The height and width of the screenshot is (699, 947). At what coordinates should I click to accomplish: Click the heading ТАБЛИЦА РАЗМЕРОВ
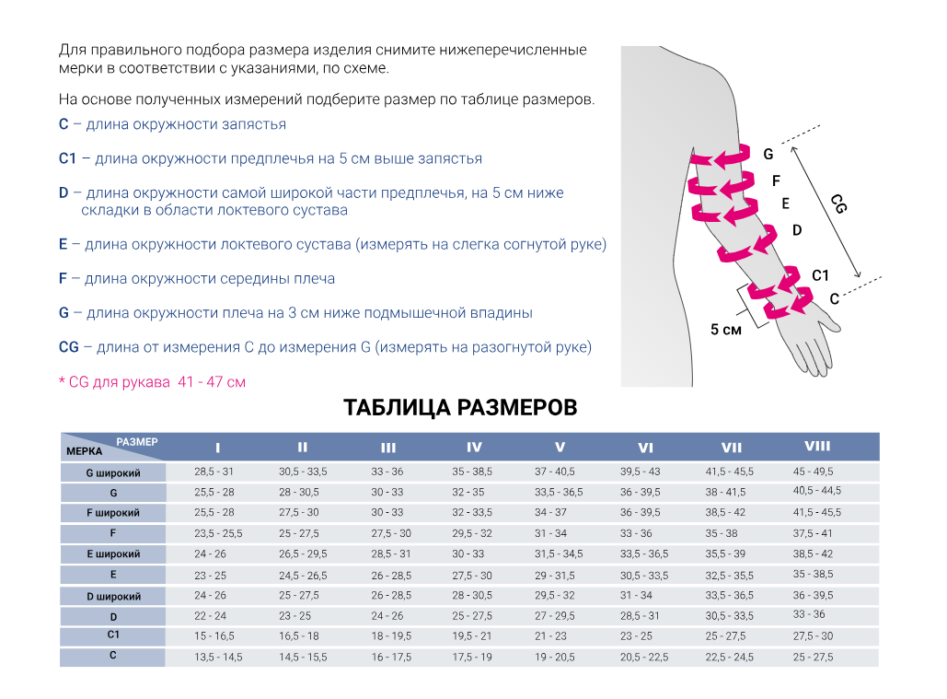coord(460,407)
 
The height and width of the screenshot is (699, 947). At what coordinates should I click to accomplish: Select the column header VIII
coord(817,447)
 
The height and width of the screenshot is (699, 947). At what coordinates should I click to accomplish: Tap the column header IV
coord(474,448)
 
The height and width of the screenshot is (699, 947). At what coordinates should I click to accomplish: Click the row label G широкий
coord(113,472)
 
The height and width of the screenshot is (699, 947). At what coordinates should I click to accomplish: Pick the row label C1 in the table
coord(113,635)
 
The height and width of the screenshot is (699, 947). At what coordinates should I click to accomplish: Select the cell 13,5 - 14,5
coord(217,657)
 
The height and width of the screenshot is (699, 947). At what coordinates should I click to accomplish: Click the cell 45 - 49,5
coord(813,472)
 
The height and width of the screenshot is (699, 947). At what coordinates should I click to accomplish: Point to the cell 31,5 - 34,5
coord(559,554)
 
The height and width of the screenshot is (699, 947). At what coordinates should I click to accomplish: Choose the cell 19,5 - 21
coord(472,636)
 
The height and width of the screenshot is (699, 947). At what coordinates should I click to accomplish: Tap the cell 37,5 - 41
coord(813,533)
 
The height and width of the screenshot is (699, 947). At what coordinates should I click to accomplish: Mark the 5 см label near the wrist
coord(726,330)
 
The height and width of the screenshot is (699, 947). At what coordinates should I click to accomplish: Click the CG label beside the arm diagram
coord(837,204)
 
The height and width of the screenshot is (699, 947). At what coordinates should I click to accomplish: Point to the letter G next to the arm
coord(768,155)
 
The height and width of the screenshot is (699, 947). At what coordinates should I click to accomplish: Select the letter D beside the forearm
coord(797,230)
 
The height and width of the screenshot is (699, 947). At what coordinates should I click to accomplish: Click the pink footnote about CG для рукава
coord(152,381)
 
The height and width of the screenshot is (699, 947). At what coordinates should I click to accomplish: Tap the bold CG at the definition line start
coord(68,347)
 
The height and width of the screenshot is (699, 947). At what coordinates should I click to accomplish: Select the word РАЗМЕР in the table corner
coord(137,442)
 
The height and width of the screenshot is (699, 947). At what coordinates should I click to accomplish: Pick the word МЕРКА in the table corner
coord(84,452)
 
